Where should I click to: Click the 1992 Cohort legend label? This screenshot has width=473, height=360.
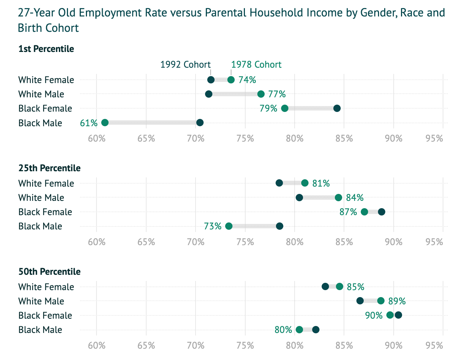tap(185, 65)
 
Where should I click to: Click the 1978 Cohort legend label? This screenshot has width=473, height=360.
tap(256, 65)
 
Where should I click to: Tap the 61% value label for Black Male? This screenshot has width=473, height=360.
tap(89, 123)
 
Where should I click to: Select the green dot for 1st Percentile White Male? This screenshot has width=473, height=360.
tap(261, 94)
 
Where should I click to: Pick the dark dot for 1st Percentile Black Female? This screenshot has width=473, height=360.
tap(337, 108)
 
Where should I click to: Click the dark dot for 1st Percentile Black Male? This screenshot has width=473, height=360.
tap(200, 123)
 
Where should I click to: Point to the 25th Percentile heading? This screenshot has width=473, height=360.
tap(49, 168)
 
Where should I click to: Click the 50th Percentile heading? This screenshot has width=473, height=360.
tap(49, 272)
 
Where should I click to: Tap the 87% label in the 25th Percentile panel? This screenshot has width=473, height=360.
tap(348, 212)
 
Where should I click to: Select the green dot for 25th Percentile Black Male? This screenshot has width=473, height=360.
tap(229, 226)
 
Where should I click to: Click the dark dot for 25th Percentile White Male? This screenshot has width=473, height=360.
tap(299, 198)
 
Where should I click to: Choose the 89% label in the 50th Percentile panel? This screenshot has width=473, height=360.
tap(397, 301)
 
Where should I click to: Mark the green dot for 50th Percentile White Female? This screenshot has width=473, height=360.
tap(340, 286)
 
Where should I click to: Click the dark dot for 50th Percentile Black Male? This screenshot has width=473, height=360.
tap(316, 330)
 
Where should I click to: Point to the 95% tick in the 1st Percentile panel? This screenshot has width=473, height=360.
tap(434, 139)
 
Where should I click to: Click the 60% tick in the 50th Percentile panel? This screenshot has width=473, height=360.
tap(97, 346)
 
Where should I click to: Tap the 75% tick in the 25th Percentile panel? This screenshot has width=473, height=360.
tap(245, 242)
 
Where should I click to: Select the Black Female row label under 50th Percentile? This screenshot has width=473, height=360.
tap(45, 315)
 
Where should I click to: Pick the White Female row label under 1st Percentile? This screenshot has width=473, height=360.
tap(46, 80)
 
